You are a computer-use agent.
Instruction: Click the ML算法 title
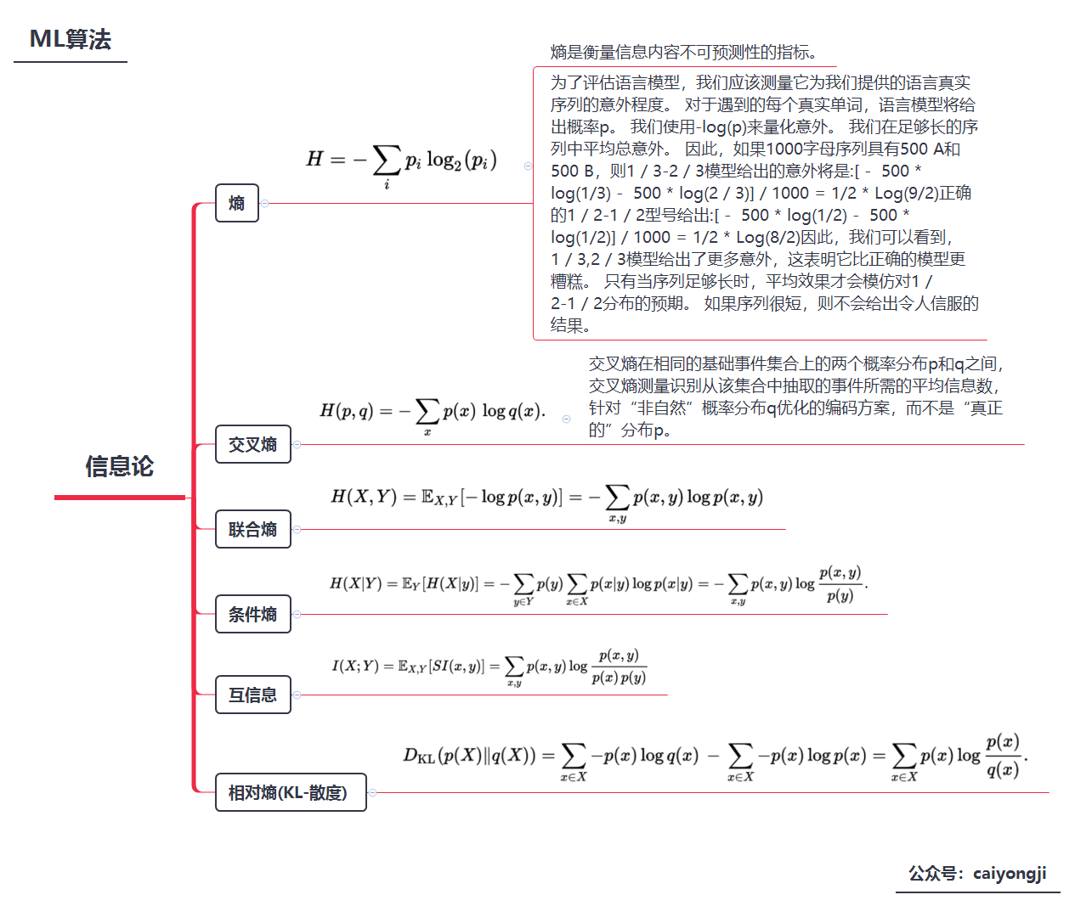[71, 40]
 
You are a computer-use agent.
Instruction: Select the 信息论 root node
[119, 466]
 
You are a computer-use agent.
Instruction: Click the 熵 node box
[236, 203]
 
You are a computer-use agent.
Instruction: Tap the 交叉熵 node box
[252, 444]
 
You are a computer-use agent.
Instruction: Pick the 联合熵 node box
[252, 529]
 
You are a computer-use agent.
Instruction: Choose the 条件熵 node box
[252, 614]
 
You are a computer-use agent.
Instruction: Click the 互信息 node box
[252, 695]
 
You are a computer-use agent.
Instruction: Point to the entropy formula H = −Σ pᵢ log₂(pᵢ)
[401, 161]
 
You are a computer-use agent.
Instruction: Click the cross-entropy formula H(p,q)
[432, 413]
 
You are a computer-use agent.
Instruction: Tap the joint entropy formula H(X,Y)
[546, 498]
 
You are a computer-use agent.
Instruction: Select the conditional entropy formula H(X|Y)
[598, 584]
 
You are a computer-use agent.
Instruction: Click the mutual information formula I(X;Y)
[489, 667]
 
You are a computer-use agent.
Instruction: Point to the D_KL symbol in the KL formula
[419, 755]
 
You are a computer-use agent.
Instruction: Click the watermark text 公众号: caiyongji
[977, 874]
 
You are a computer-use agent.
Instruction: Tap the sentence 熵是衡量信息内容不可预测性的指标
[684, 53]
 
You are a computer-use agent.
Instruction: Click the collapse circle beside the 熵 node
[265, 203]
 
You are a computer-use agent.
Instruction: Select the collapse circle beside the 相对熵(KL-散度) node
[372, 792]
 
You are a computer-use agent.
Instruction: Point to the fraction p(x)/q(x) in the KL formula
[1003, 755]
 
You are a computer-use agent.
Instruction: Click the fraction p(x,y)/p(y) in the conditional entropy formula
[840, 584]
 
